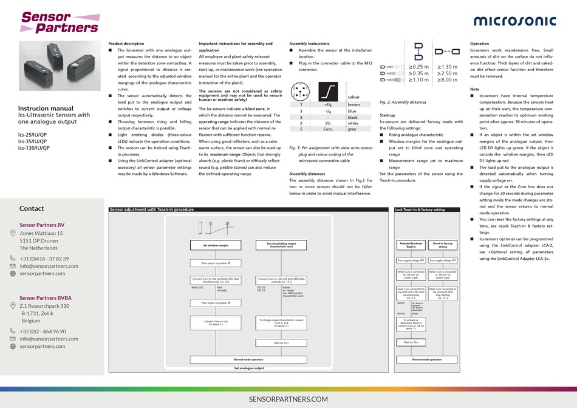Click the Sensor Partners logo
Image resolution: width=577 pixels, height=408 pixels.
[x=59, y=22]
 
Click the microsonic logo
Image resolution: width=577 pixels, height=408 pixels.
[x=514, y=20]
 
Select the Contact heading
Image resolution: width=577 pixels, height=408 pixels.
[x=31, y=208]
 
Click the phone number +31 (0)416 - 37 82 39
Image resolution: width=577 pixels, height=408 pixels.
[x=44, y=259]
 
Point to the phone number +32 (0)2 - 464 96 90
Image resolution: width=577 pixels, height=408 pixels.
[x=43, y=331]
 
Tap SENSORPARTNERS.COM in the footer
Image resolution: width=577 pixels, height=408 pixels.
[x=288, y=398]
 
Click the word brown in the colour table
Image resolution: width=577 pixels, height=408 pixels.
[x=353, y=104]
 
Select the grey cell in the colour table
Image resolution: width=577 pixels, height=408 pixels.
[x=352, y=129]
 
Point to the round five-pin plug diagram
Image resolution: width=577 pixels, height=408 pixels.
[x=301, y=91]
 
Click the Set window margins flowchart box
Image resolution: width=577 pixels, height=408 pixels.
[x=215, y=245]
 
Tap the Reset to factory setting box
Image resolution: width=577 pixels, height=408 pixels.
[x=443, y=245]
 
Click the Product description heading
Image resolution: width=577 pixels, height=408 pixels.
[x=126, y=44]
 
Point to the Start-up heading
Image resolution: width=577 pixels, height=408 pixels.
[x=388, y=115]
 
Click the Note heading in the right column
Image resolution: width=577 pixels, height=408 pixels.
[x=475, y=89]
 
